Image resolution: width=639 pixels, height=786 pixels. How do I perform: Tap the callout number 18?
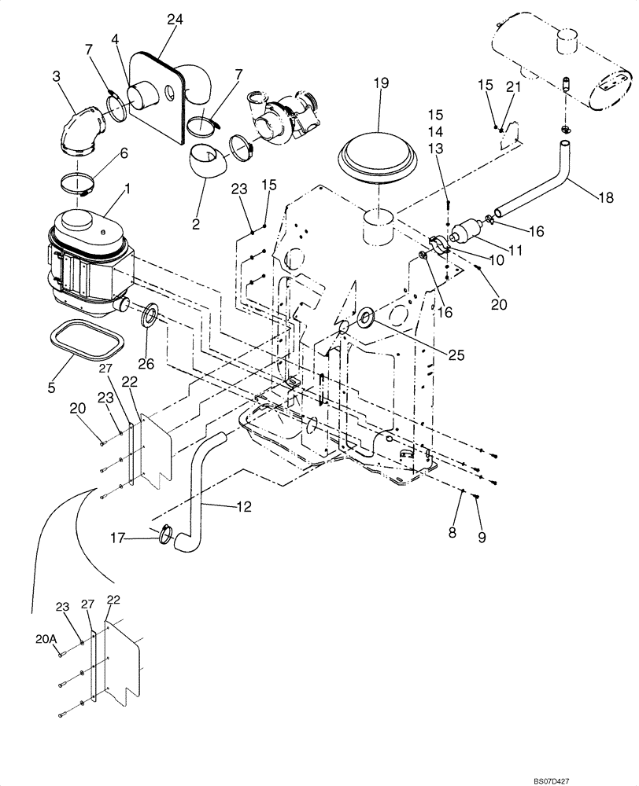[604, 199]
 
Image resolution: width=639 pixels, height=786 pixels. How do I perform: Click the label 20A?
[47, 641]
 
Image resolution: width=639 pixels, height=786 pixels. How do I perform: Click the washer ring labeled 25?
[367, 319]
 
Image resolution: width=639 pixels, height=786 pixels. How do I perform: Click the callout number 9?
[482, 538]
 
